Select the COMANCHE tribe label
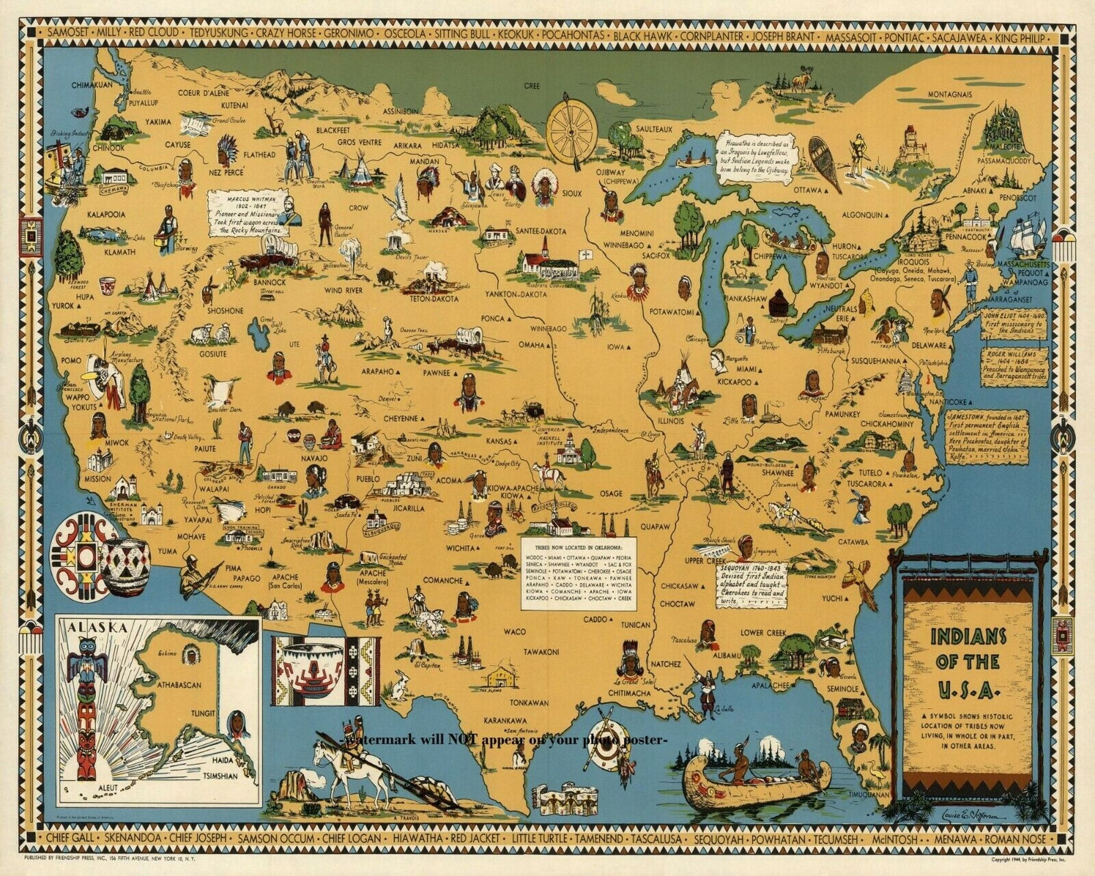click(x=443, y=580)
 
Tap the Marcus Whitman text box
click(x=247, y=213)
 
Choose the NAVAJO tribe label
click(x=314, y=458)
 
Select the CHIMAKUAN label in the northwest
click(x=91, y=85)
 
